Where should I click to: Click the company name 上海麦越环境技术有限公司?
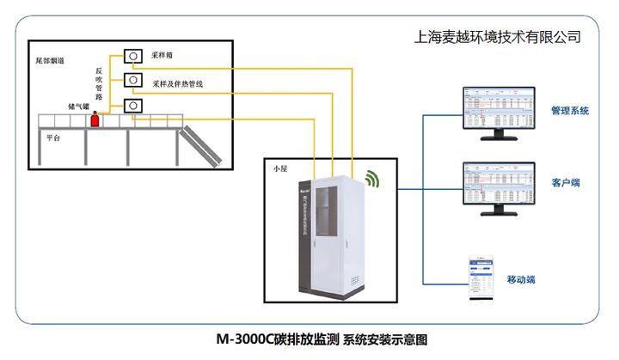point(497,37)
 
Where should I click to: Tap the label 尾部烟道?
point(50,62)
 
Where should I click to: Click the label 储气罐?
point(80,106)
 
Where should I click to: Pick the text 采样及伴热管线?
point(177,83)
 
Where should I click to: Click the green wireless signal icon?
point(371,178)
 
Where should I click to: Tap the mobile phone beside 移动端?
point(479,278)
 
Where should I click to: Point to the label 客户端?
point(566,183)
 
